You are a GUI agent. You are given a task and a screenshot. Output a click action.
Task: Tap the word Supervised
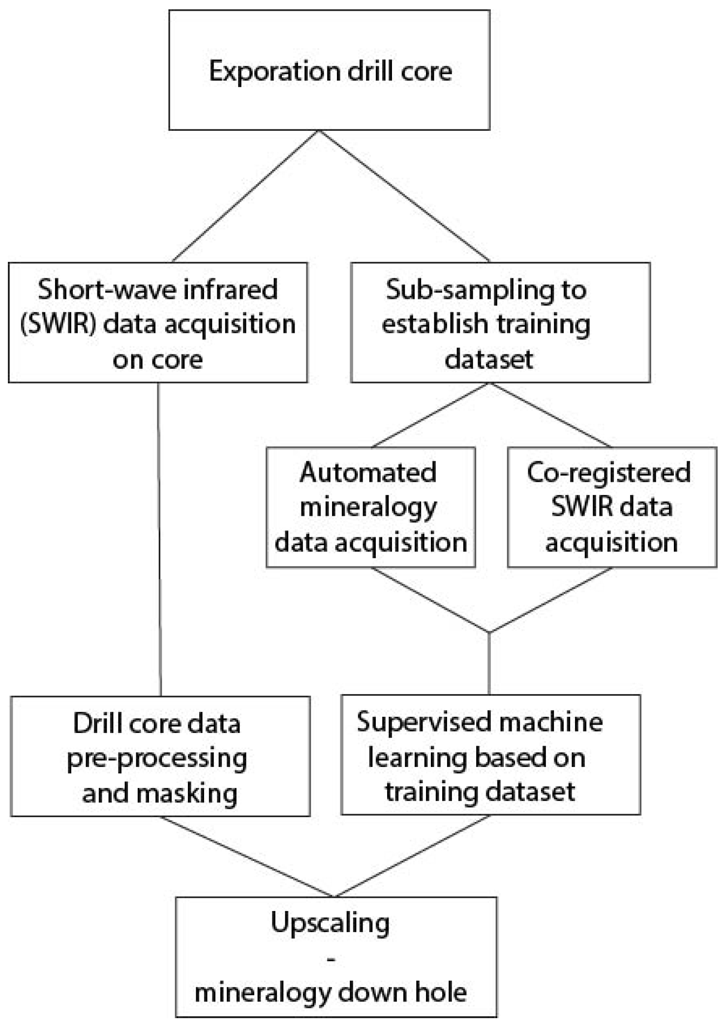[422, 722]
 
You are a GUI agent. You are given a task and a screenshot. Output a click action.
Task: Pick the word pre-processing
[157, 759]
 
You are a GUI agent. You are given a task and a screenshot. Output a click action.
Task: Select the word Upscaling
[330, 923]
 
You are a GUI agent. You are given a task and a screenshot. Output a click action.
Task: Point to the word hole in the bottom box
[441, 993]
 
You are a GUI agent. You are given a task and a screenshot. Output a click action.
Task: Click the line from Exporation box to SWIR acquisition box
[246, 196]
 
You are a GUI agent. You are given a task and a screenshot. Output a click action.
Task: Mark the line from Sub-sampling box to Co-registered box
[550, 415]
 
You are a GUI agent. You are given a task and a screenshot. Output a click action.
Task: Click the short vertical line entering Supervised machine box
[489, 664]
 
